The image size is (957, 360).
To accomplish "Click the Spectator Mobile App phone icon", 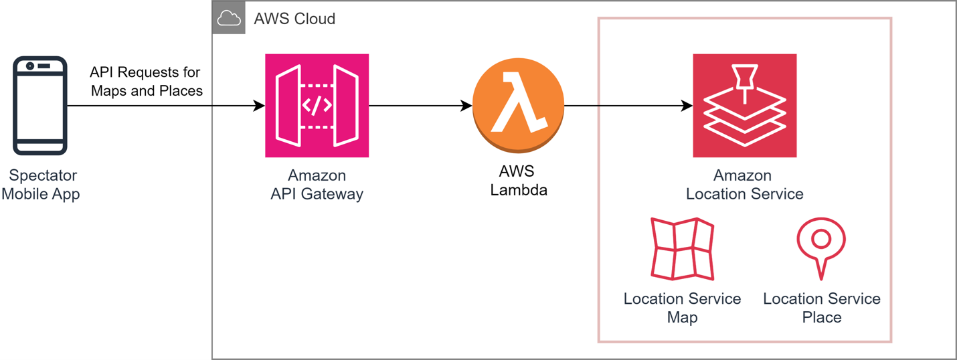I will pos(40,105).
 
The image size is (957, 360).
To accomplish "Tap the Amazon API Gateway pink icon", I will pos(317,105).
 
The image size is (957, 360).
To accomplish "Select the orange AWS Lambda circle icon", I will pos(518,105).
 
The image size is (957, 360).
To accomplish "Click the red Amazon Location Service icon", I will pos(744,105).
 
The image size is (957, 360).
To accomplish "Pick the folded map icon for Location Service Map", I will pos(682,248).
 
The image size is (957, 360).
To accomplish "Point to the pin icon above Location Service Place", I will pos(821,247).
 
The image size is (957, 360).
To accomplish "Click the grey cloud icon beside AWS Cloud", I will pos(229,18).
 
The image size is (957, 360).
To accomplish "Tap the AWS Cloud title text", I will pos(294,19).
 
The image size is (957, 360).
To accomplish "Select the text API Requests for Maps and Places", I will pos(146,82).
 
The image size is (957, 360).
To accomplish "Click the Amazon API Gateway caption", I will pos(317,185).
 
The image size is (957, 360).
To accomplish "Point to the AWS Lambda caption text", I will pos(518,181).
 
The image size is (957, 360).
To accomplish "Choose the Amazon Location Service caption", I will pos(744,185).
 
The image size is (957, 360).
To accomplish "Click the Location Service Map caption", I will pos(682,308).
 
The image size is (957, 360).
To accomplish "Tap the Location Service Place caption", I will pos(821,308).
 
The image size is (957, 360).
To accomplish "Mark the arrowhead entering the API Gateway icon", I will pos(259,106).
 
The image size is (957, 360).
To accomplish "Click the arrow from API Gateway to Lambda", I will pos(420,106).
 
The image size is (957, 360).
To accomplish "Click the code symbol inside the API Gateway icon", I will pos(317,106).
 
